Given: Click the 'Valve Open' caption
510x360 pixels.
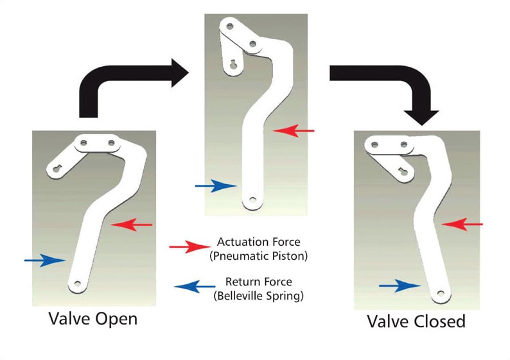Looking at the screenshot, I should (93, 319).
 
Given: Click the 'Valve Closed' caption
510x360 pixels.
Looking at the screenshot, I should (416, 321).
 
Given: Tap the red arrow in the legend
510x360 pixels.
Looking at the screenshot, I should (188, 247).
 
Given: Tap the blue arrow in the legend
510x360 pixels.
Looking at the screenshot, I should (192, 286).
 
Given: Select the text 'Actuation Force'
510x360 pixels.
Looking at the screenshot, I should (258, 242).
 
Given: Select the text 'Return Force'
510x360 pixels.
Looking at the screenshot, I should (258, 281).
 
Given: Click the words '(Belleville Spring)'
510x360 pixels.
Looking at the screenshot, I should (258, 295).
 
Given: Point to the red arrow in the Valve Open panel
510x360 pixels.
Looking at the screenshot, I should (132, 225).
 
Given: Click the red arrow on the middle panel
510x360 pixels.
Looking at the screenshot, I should (294, 131).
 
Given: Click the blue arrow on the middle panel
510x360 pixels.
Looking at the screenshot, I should (216, 186).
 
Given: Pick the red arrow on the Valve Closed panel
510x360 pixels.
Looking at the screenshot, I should (462, 224).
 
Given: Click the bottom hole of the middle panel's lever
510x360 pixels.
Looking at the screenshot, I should (252, 200).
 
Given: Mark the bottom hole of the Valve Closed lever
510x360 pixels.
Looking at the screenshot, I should (440, 294).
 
